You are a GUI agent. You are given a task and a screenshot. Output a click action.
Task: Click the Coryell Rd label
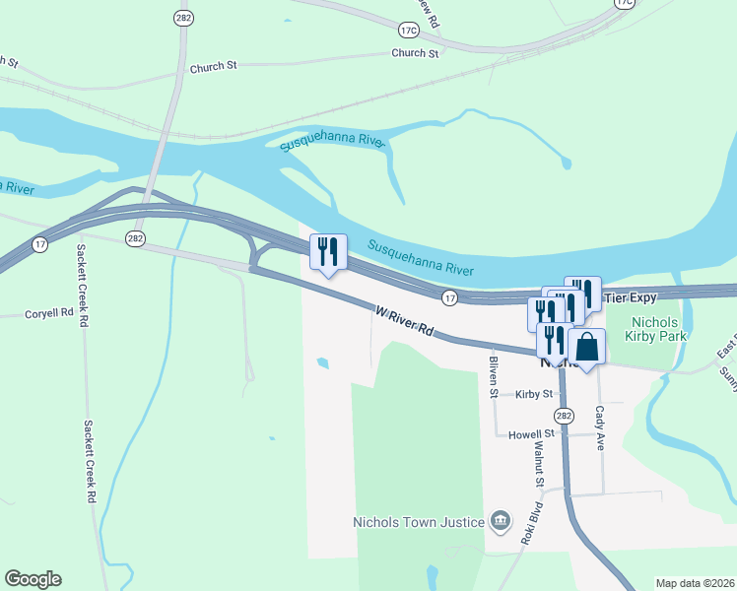click(x=49, y=314)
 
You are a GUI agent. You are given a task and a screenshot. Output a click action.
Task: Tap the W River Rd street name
click(x=405, y=322)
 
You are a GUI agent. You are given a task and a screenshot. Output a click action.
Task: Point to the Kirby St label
click(x=532, y=394)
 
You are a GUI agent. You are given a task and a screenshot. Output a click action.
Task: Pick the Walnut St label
click(x=539, y=463)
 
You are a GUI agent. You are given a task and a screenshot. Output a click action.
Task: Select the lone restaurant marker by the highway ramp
click(x=328, y=253)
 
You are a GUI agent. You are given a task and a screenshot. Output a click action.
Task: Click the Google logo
click(x=33, y=579)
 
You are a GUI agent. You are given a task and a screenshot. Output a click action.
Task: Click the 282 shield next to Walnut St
click(x=563, y=414)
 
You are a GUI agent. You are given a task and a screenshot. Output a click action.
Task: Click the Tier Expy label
click(x=629, y=297)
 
